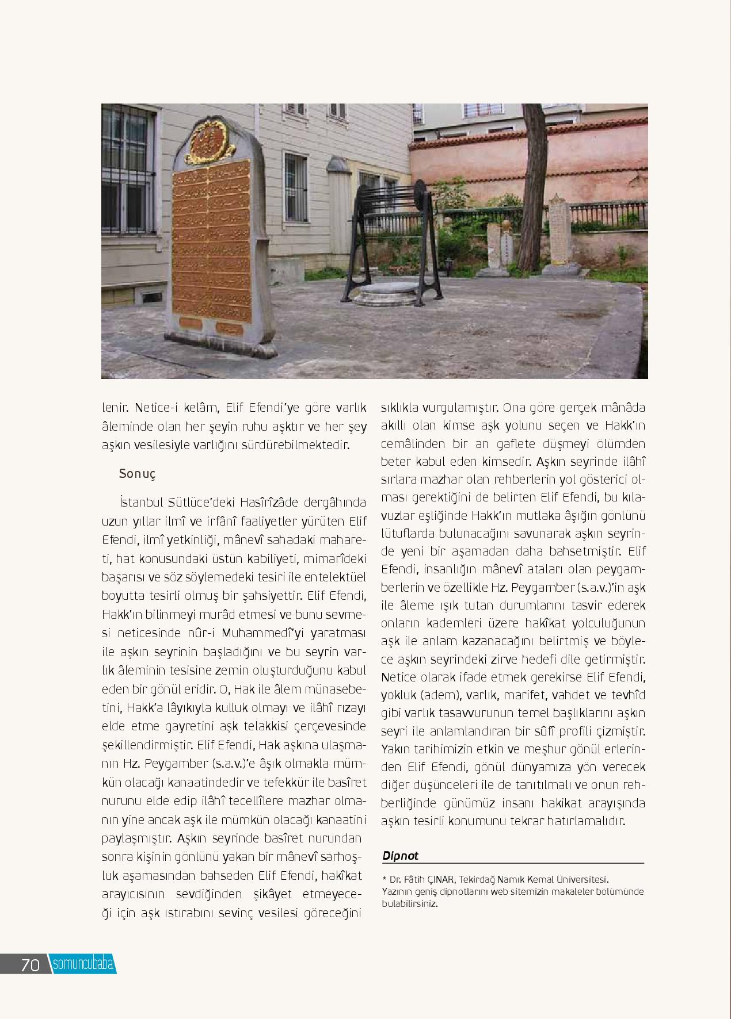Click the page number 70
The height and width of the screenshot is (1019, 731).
30,964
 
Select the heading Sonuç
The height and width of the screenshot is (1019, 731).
137,474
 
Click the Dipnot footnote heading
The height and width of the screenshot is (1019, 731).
400,855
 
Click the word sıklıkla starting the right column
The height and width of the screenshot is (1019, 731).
399,408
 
